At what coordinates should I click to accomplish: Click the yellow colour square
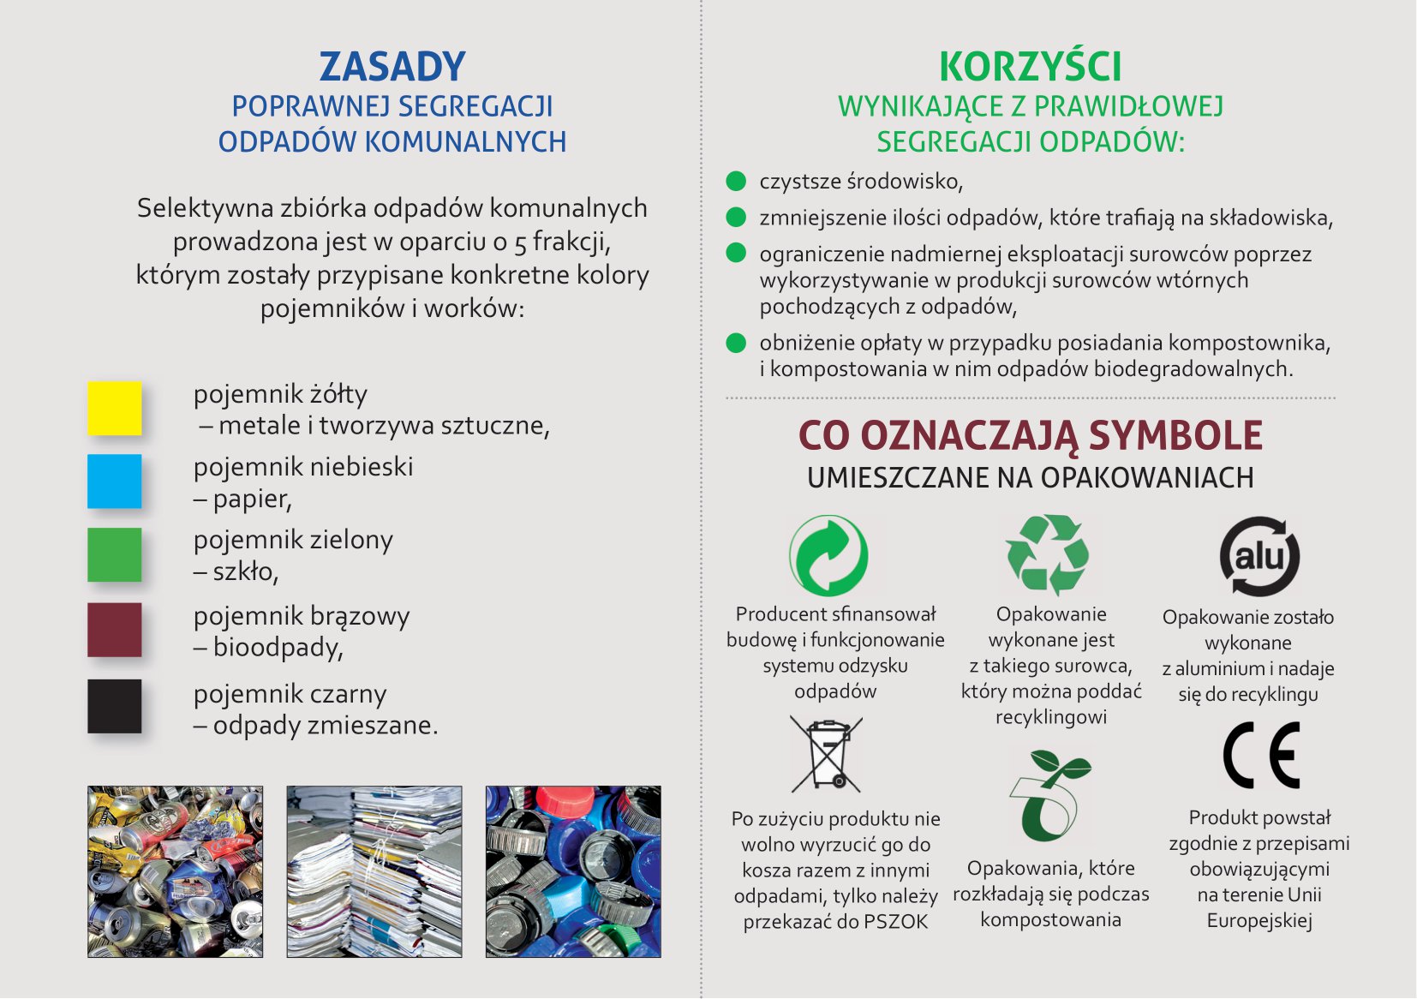[x=115, y=408]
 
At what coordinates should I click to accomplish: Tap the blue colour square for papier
[x=115, y=481]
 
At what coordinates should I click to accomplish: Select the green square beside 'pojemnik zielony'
[x=115, y=554]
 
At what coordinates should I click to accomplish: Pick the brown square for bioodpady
[x=115, y=630]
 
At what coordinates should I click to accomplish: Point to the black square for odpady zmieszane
[x=115, y=706]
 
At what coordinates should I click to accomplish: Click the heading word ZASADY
[x=392, y=67]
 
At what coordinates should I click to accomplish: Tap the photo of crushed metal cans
[x=176, y=871]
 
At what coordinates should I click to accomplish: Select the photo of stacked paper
[x=374, y=871]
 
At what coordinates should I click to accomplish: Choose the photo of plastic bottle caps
[x=573, y=871]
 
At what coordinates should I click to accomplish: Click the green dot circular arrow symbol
[x=828, y=555]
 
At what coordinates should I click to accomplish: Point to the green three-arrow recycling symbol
[x=1047, y=554]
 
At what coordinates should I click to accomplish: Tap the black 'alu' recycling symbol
[x=1259, y=555]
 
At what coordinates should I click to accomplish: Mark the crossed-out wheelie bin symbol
[x=826, y=753]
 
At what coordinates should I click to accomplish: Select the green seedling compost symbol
[x=1050, y=796]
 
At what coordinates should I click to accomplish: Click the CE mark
[x=1261, y=755]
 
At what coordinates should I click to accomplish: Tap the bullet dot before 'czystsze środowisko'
[x=736, y=181]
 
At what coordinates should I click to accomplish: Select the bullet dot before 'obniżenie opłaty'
[x=736, y=342]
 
